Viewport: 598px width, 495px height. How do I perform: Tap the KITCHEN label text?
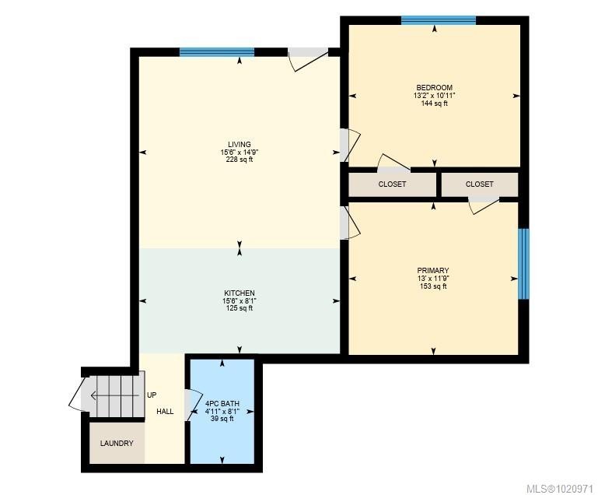239,293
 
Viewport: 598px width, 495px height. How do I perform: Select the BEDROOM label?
433,88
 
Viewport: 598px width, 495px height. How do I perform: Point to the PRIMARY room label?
433,270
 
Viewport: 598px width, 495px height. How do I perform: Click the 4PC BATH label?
222,404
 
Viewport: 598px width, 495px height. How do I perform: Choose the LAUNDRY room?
117,444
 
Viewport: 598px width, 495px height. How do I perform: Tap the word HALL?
165,411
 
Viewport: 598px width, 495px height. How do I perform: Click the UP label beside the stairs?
152,395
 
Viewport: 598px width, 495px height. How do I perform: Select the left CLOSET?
392,184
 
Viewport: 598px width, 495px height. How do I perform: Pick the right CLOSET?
479,184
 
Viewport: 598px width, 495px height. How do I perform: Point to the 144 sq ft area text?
433,104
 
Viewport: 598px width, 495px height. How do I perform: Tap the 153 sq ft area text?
433,286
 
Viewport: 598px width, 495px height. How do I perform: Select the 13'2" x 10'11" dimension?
433,96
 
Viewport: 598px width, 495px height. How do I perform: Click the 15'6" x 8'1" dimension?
239,301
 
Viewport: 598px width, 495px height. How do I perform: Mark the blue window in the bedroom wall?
438,20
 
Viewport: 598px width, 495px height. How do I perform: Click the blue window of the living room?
217,53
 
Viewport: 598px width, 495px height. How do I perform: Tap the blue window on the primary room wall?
523,264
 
